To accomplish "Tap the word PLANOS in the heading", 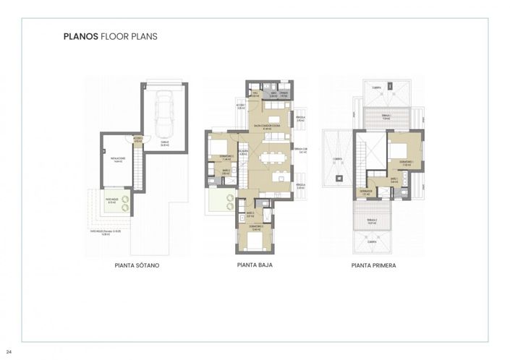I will [80, 35].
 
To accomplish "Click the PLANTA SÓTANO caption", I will [137, 265].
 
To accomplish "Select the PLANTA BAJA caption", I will [255, 265].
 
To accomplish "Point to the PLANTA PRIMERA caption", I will [373, 265].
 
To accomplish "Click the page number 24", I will [9, 352].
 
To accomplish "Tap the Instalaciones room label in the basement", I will [118, 160].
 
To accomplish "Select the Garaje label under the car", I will [165, 143].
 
